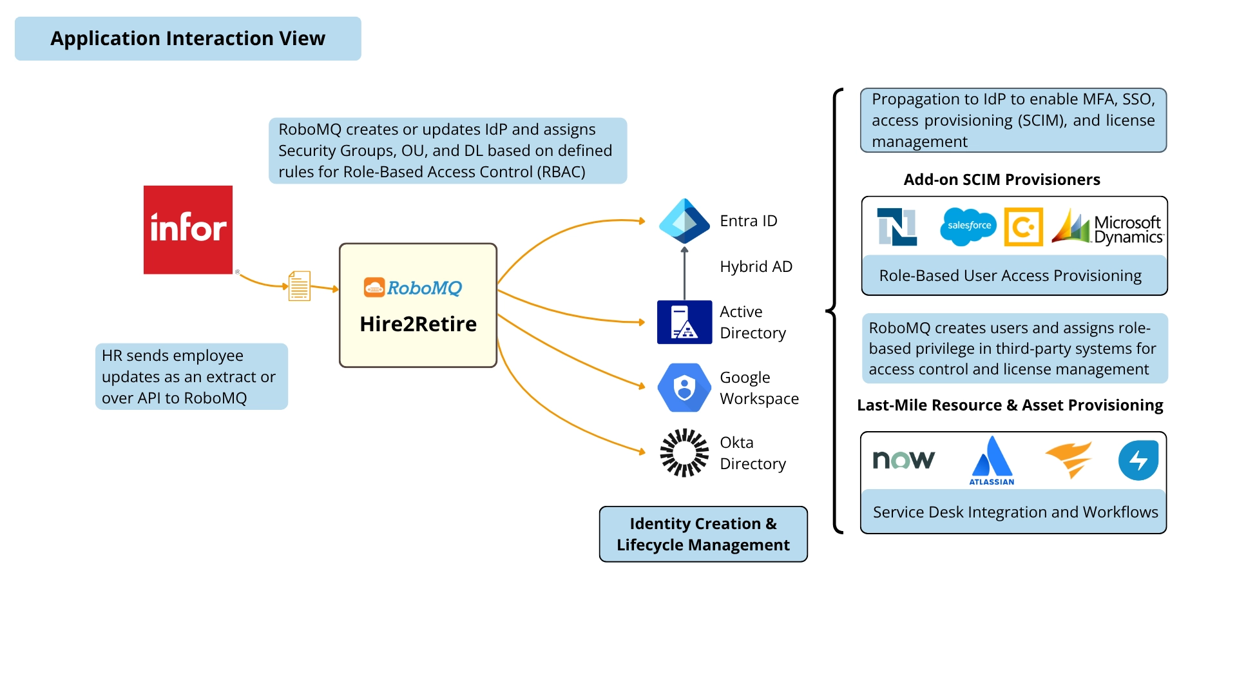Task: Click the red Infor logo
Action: pyautogui.click(x=187, y=229)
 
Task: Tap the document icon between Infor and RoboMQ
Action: pyautogui.click(x=299, y=286)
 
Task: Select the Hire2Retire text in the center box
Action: pyautogui.click(x=418, y=324)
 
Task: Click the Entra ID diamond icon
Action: pyautogui.click(x=684, y=220)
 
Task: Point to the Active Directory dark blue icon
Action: pyautogui.click(x=684, y=322)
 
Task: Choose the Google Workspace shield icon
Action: pyautogui.click(x=684, y=388)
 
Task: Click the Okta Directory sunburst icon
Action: pyautogui.click(x=684, y=452)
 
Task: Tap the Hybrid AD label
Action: pyautogui.click(x=756, y=267)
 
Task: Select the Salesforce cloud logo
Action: pyautogui.click(x=968, y=226)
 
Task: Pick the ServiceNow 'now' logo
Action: pyautogui.click(x=903, y=459)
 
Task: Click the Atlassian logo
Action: pyautogui.click(x=992, y=460)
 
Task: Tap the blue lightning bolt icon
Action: pyautogui.click(x=1138, y=460)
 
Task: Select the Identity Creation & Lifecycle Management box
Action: pyautogui.click(x=703, y=534)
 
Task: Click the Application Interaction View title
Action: pyautogui.click(x=187, y=39)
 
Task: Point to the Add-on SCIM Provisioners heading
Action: pyautogui.click(x=1001, y=180)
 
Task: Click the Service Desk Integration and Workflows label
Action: pyautogui.click(x=1015, y=512)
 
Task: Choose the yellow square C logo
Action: pyautogui.click(x=1023, y=227)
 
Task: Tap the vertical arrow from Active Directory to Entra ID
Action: pyautogui.click(x=684, y=274)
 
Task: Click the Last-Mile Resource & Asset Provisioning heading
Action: pyautogui.click(x=1010, y=405)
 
